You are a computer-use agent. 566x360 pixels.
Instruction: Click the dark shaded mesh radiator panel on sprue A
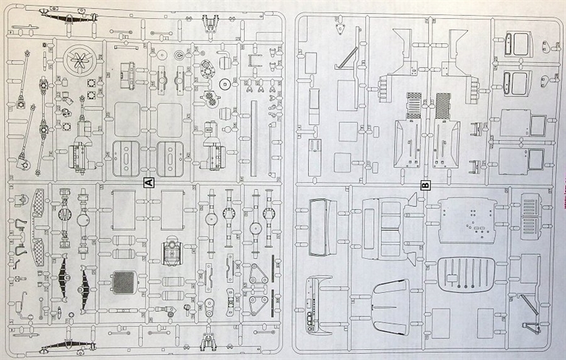(x=124, y=281)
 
